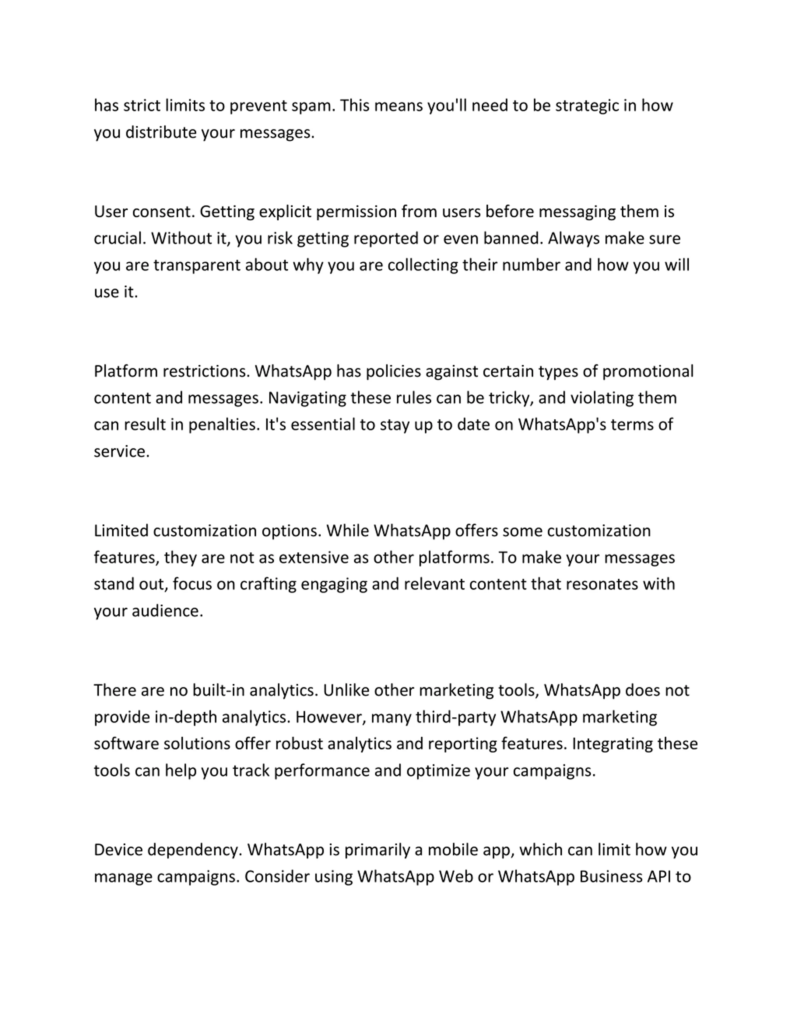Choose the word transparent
(x=197, y=265)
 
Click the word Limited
(x=121, y=531)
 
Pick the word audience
(x=167, y=611)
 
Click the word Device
(x=119, y=850)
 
